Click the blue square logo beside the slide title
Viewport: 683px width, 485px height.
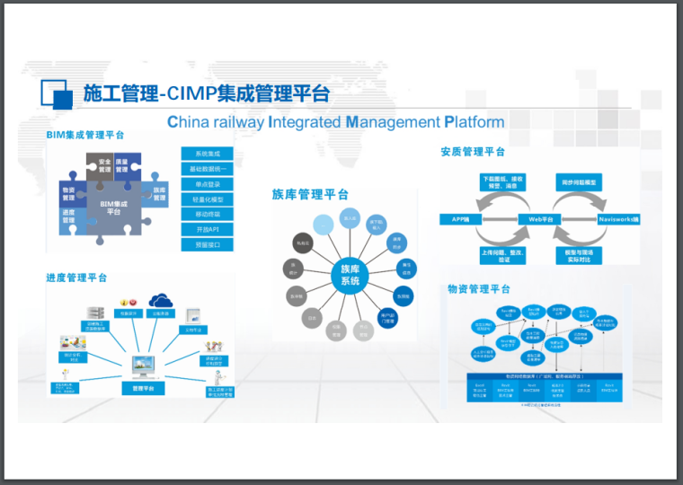[x=55, y=94]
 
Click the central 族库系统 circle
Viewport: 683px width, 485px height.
[x=350, y=275]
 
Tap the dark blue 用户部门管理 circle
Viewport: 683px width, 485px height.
[x=389, y=317]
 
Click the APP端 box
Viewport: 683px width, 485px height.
[x=457, y=219]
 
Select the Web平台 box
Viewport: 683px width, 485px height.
[x=539, y=219]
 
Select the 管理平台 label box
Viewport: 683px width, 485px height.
[x=143, y=389]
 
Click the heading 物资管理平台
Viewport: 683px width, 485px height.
[x=479, y=289]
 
